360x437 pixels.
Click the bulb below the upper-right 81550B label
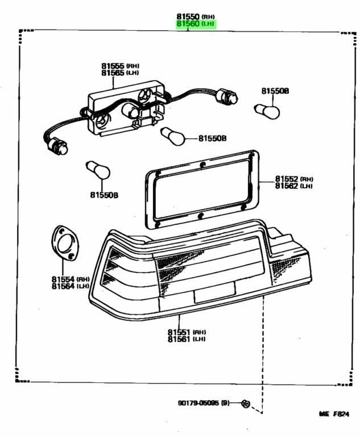(x=267, y=110)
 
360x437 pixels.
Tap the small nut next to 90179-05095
(x=245, y=403)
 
